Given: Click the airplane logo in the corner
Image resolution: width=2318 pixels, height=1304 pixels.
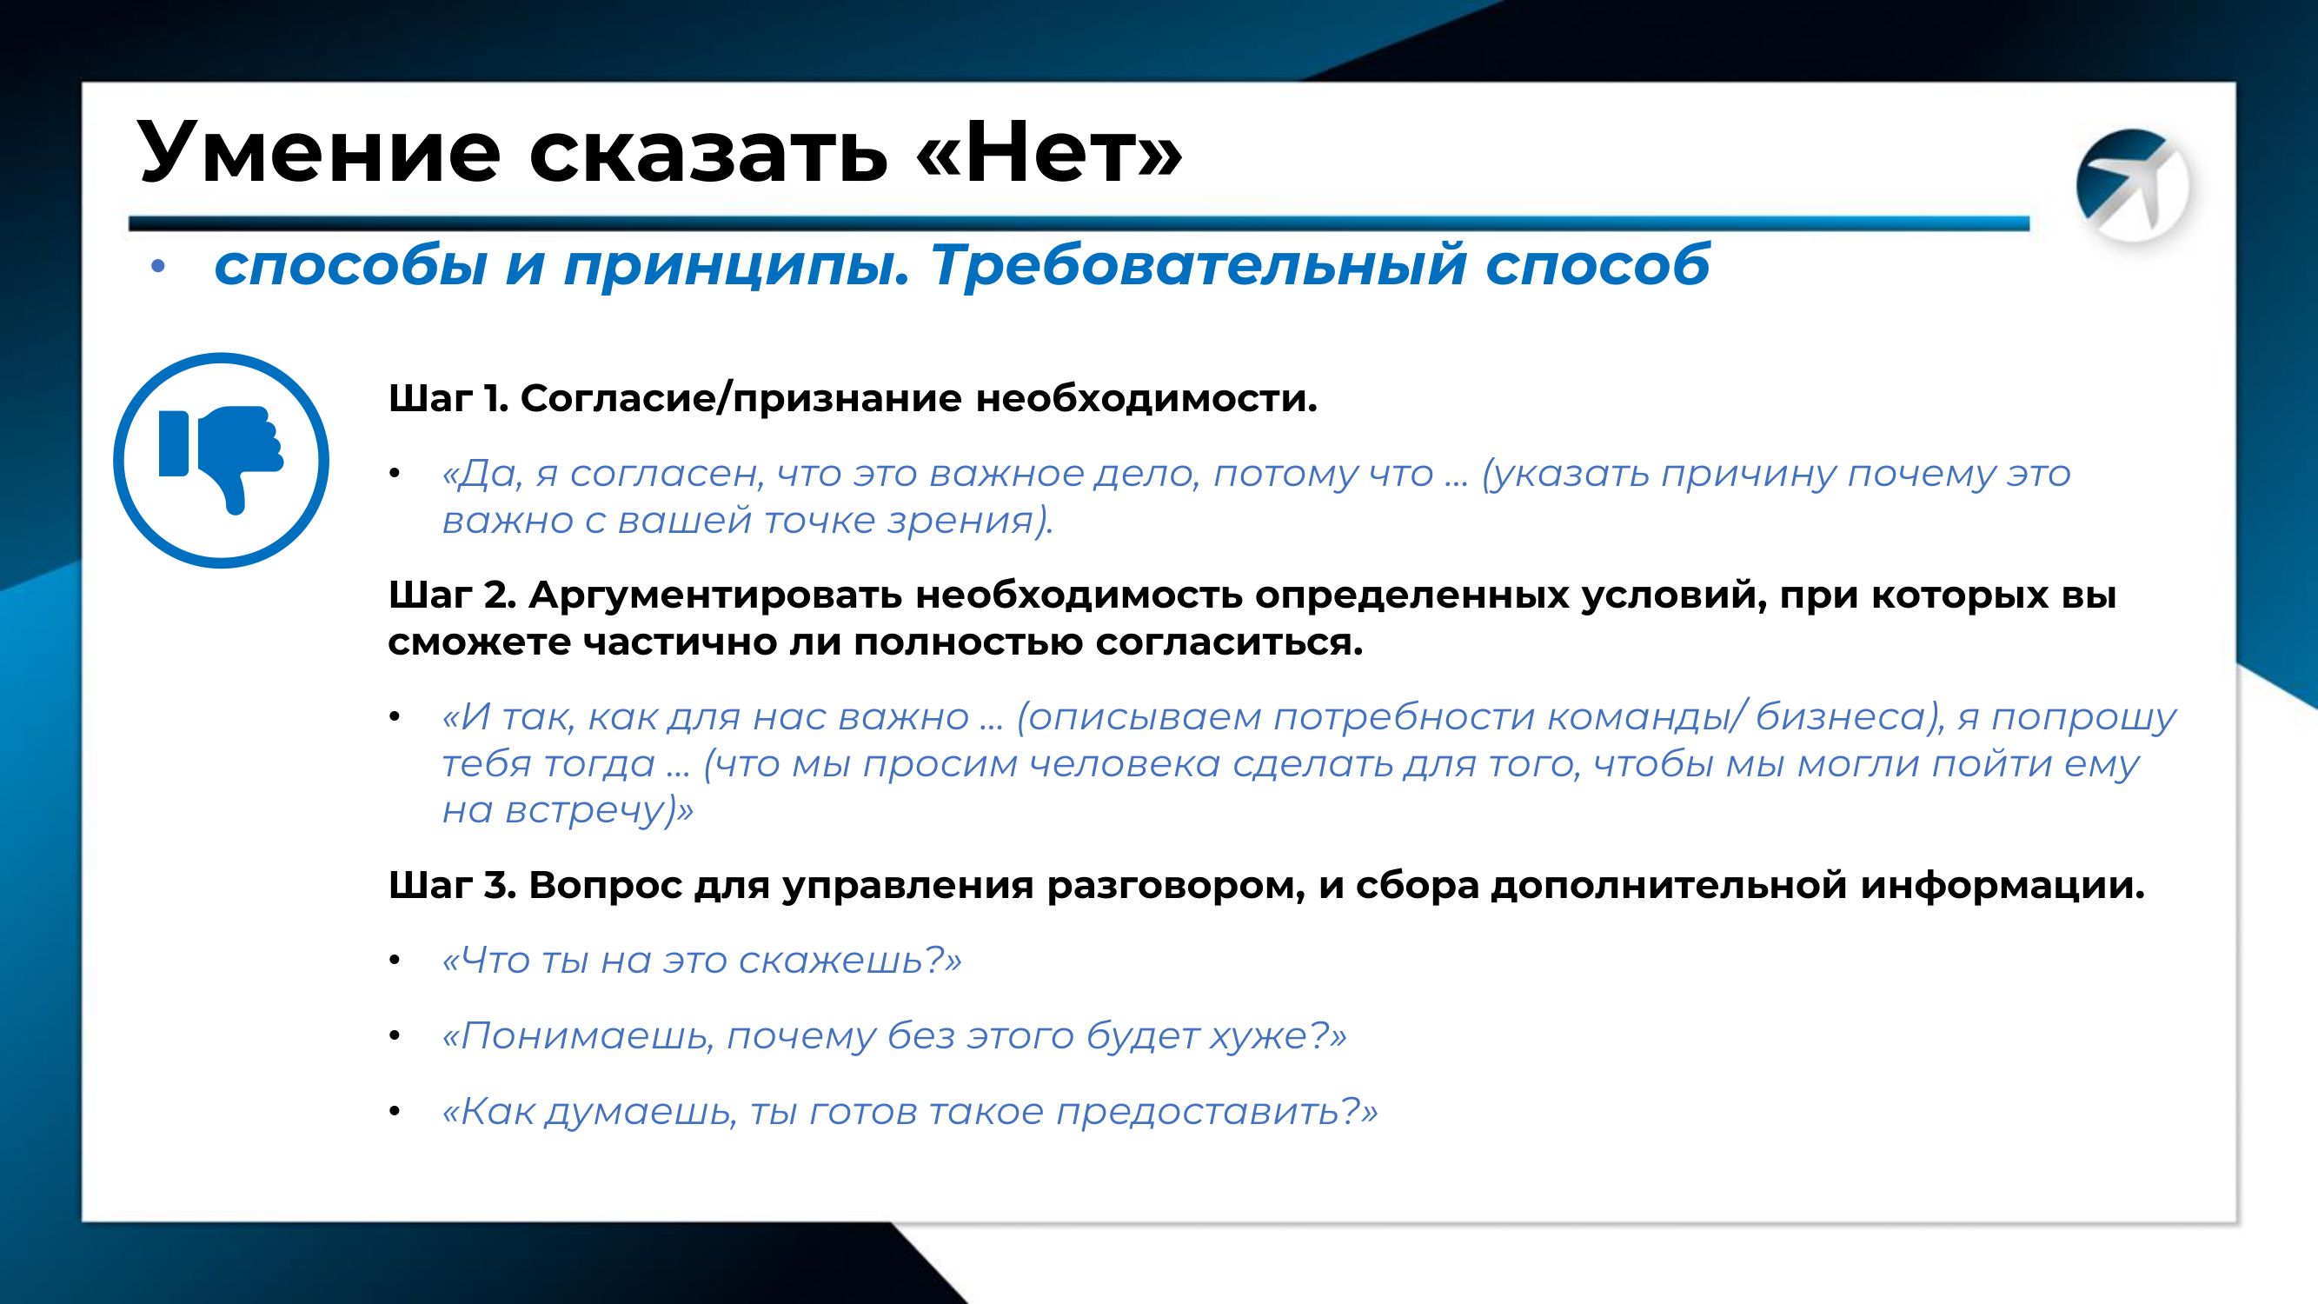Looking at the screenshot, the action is (2132, 185).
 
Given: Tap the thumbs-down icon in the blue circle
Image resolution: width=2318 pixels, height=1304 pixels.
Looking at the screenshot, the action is (222, 460).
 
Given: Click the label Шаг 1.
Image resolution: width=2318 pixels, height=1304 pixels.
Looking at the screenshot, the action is (448, 398).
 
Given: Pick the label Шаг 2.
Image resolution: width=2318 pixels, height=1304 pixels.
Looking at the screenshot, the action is (451, 595).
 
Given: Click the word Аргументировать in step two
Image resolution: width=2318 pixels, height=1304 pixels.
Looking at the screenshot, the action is (715, 595).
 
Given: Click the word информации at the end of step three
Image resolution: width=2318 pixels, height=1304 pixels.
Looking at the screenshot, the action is (2003, 887).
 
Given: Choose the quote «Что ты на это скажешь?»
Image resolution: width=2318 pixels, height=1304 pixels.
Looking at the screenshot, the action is (702, 961).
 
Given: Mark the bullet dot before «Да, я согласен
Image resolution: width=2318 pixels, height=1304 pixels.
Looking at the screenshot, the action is (393, 475).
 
